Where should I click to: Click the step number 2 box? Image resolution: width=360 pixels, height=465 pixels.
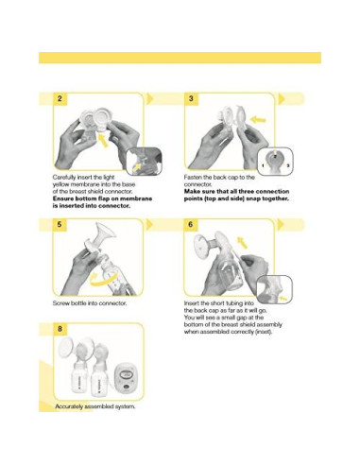click(60, 98)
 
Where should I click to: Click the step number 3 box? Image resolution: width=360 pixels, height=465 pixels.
click(192, 98)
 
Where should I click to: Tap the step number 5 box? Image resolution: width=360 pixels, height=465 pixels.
click(60, 225)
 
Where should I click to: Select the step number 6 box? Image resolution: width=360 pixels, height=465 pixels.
click(192, 225)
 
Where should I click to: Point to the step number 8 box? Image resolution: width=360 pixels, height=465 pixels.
click(60, 329)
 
